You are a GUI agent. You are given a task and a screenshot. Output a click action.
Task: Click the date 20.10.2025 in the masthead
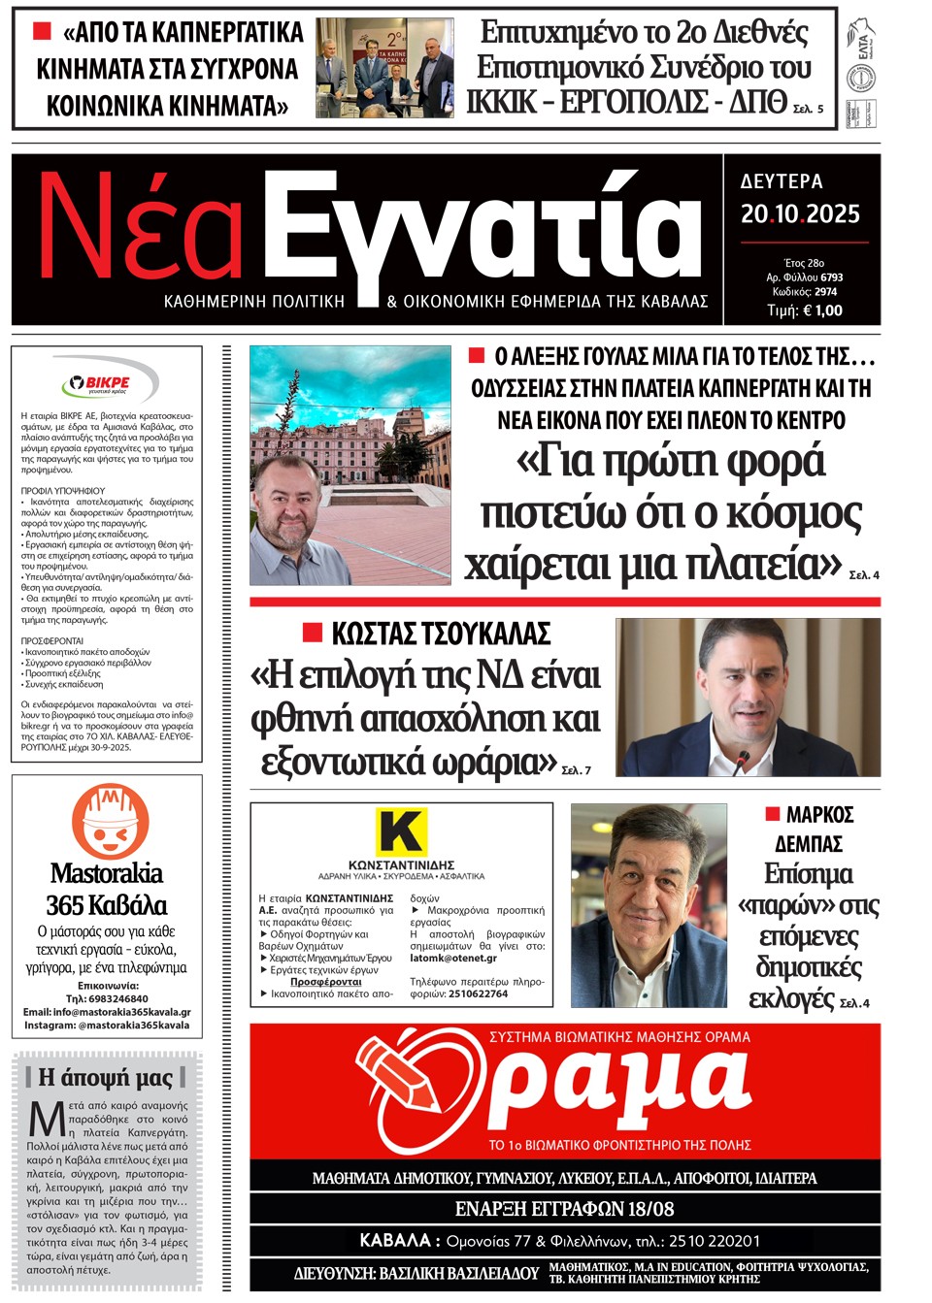pyautogui.click(x=800, y=214)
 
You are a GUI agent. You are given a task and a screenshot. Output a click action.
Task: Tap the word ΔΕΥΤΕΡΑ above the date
pyautogui.click(x=782, y=181)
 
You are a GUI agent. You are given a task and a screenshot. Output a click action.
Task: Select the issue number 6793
pyautogui.click(x=830, y=277)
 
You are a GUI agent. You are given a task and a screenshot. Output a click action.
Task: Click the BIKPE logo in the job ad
pyautogui.click(x=107, y=383)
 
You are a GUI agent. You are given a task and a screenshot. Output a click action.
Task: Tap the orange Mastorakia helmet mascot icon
pyautogui.click(x=110, y=821)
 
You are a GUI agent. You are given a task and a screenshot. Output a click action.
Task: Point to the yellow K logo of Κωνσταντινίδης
pyautogui.click(x=401, y=831)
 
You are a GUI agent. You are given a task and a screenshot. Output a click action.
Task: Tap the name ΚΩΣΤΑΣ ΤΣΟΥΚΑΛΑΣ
pyautogui.click(x=441, y=635)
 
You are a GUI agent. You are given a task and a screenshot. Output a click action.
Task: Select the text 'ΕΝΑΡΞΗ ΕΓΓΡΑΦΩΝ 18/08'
pyautogui.click(x=564, y=1209)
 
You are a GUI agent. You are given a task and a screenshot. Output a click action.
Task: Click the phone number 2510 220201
pyautogui.click(x=714, y=1241)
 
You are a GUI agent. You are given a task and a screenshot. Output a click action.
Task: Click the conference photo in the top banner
pyautogui.click(x=384, y=67)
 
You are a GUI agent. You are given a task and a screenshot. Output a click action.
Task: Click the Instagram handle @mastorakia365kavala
pyautogui.click(x=134, y=1025)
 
